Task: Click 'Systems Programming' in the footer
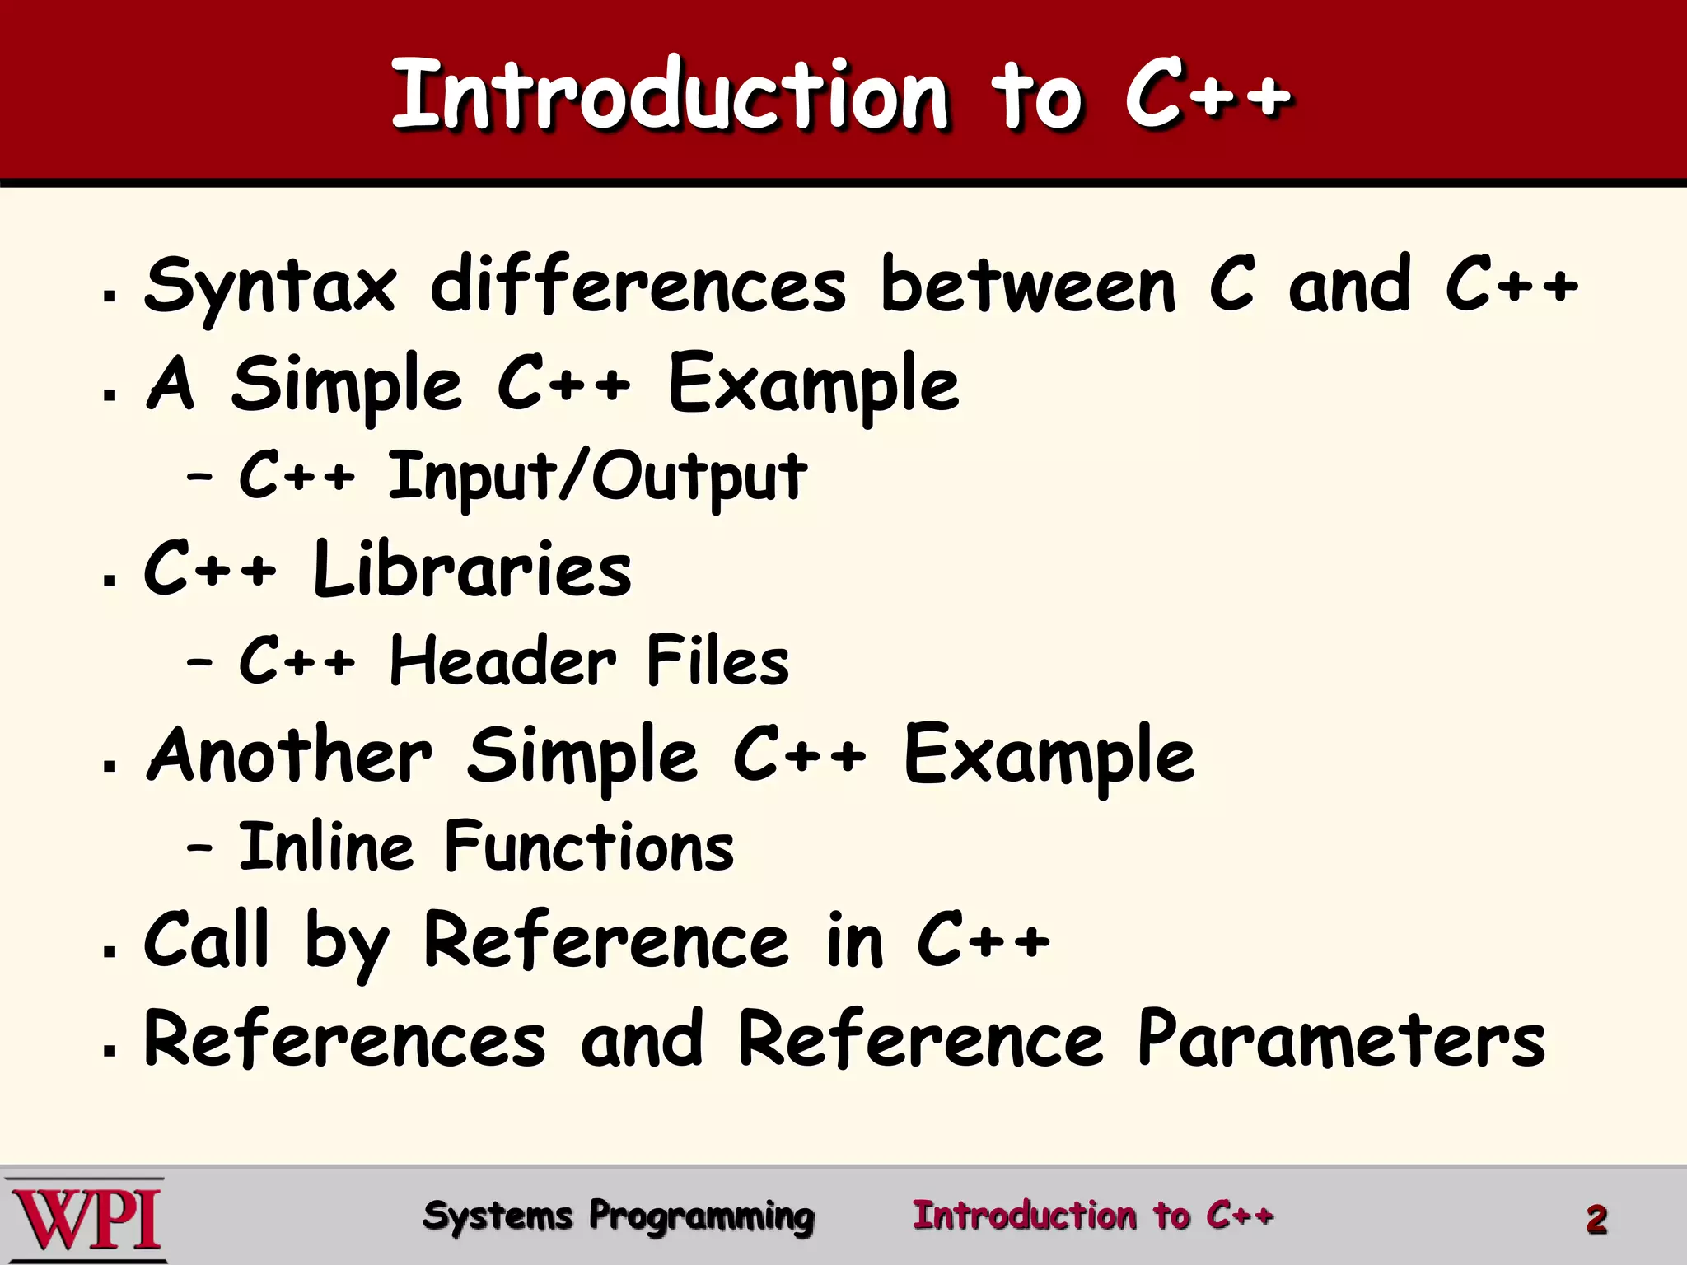pos(618,1216)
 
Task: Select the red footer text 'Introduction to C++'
pos(1092,1216)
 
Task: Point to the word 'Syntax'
pos(270,286)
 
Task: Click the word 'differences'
pos(638,286)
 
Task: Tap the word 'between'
pos(1028,286)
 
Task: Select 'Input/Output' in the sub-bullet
pos(597,477)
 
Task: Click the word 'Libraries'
pos(472,570)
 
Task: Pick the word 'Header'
pos(502,661)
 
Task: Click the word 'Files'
pos(717,661)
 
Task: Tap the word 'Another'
pos(289,755)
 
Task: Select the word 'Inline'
pos(325,847)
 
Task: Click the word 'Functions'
pos(589,847)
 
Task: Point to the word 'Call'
pos(206,941)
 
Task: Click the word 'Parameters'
pos(1341,1039)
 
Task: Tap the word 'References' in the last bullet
pos(344,1039)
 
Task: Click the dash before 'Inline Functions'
pos(199,847)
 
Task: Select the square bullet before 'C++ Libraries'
pos(110,580)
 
